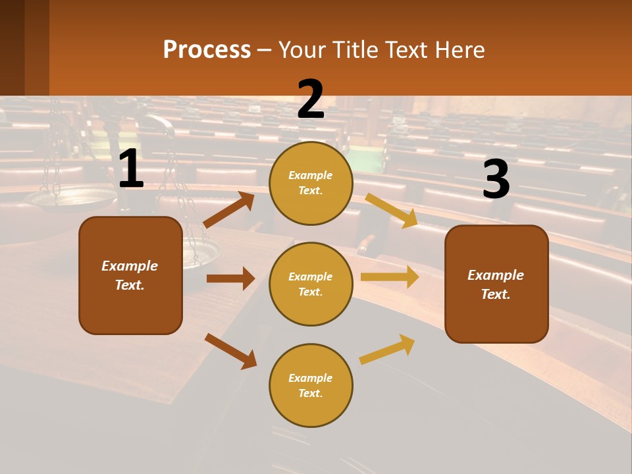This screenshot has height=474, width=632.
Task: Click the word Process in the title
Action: point(207,49)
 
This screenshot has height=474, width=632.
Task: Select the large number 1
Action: point(131,169)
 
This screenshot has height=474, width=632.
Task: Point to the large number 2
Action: point(311,99)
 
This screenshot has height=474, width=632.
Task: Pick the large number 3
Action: point(496,180)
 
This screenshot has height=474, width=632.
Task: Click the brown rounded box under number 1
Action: point(130,275)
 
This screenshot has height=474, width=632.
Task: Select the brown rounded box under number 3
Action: point(496,284)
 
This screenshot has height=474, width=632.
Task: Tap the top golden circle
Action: point(311,183)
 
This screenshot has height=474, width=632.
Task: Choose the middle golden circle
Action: point(311,284)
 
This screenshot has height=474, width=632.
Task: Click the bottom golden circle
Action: point(311,385)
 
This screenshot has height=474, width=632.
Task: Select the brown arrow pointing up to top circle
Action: point(229,209)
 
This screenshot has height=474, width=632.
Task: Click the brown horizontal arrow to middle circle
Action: point(230,278)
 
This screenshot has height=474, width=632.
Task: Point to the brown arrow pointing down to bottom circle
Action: point(230,351)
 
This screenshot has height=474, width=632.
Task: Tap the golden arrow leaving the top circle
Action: point(392,210)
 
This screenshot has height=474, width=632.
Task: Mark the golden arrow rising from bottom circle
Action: point(387,349)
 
